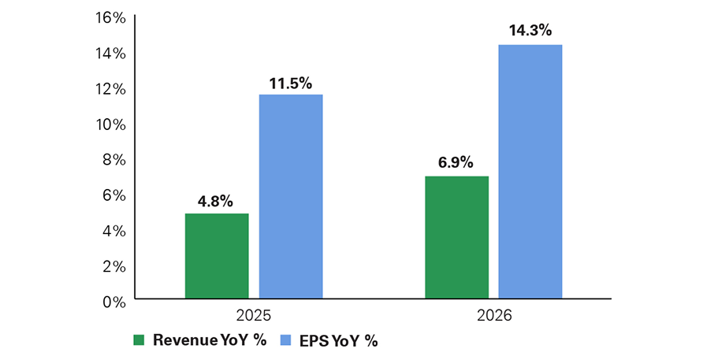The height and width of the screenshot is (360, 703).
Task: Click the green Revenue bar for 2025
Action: click(217, 256)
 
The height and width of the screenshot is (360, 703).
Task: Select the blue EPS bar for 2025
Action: click(291, 197)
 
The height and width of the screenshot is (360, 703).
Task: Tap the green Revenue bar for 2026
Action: click(456, 237)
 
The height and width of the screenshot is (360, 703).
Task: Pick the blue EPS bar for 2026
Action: click(530, 172)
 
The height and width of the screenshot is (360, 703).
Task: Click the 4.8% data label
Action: click(214, 201)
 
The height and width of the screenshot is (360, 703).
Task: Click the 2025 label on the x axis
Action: click(254, 315)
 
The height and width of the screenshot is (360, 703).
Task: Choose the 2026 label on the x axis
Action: click(493, 315)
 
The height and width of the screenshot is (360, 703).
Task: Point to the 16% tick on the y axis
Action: click(109, 17)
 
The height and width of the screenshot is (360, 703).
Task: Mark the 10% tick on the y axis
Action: click(109, 124)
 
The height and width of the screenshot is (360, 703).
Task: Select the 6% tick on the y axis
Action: click(113, 195)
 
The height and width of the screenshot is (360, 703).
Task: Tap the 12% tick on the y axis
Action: click(109, 88)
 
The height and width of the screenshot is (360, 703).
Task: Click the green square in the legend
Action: click(139, 341)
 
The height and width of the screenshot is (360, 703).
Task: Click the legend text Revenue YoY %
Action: click(208, 341)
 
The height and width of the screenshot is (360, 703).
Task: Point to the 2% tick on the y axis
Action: click(113, 265)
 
